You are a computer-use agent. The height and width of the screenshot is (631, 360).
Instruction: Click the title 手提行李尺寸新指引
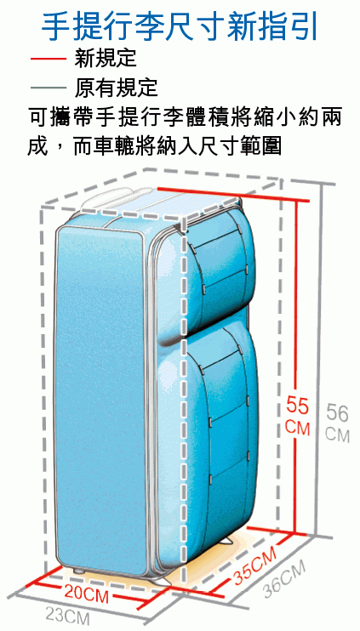(180, 27)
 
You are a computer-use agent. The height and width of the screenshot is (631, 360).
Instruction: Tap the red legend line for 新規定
(48, 59)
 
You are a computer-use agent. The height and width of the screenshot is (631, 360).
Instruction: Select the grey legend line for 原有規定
(48, 88)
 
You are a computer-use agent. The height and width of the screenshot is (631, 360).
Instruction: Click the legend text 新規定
(106, 59)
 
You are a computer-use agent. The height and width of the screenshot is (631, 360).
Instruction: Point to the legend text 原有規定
(117, 88)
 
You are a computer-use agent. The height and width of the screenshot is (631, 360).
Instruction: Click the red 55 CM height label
(298, 416)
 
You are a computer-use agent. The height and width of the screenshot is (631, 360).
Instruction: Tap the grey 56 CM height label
(338, 422)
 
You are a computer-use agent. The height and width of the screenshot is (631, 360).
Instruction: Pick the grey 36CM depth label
(284, 578)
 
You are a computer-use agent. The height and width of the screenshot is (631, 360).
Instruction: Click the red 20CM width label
(86, 594)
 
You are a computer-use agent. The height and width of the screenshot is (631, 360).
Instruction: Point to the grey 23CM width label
(67, 616)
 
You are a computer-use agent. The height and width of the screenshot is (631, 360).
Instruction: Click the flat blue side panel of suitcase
(101, 398)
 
